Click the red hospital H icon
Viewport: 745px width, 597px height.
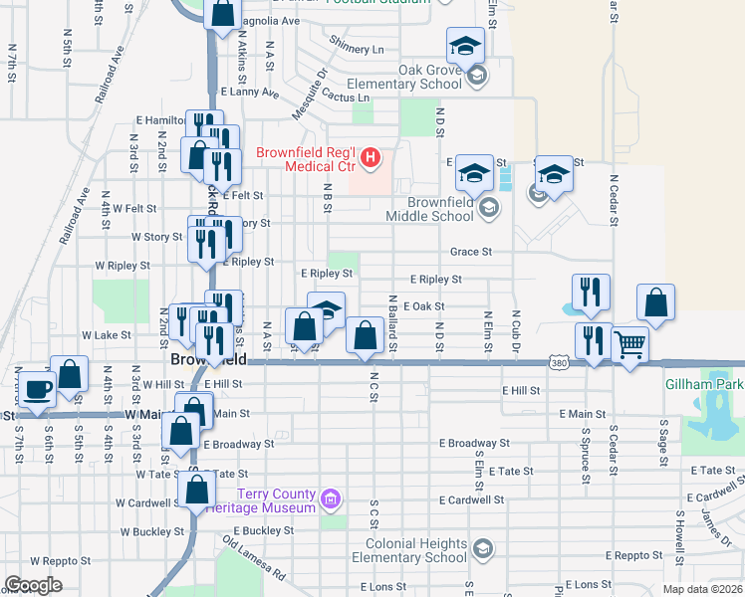(x=371, y=156)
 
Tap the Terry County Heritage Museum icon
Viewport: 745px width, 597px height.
(x=332, y=497)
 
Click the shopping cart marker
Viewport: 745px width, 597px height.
(x=629, y=346)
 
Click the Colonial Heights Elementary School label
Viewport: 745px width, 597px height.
(x=415, y=550)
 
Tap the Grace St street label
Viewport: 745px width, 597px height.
(x=471, y=253)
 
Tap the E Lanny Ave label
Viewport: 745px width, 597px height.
(x=250, y=92)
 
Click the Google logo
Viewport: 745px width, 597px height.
(x=33, y=585)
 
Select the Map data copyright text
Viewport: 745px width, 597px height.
(x=699, y=589)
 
